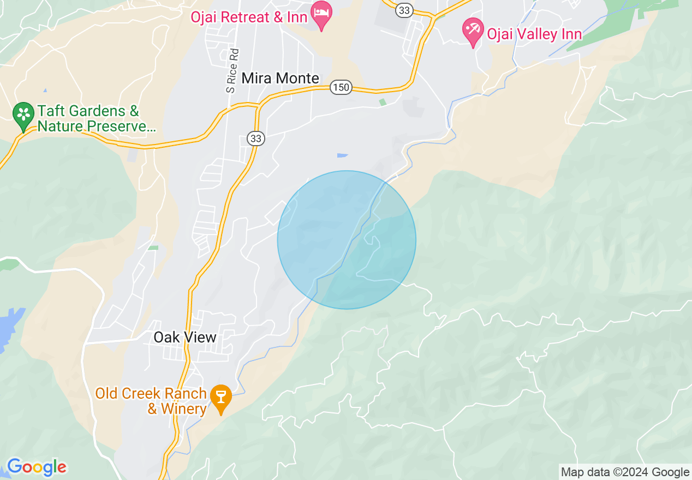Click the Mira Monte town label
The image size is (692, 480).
coord(280,78)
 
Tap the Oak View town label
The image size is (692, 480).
coord(185,337)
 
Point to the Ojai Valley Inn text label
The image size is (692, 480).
coord(534,34)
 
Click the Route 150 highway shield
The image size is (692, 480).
coord(341,87)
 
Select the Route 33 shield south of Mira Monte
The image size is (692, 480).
coord(255,139)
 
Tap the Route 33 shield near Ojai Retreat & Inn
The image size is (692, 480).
coord(404,9)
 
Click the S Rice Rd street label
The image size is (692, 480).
coord(233,71)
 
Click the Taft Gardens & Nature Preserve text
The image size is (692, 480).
coord(96,119)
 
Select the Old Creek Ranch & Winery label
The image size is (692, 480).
coord(151,400)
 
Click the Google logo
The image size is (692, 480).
coord(37,467)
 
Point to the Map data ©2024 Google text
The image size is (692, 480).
coord(625,472)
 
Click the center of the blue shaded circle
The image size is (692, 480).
coord(347,240)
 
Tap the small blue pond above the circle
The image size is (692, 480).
coord(342,155)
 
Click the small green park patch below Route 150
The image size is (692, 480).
coord(383,102)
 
